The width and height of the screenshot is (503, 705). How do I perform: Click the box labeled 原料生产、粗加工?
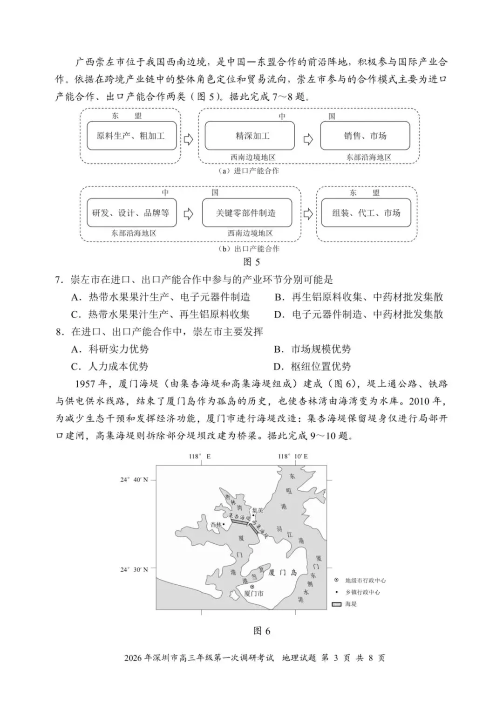pos(131,136)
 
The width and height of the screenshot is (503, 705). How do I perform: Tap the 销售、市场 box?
pos(365,136)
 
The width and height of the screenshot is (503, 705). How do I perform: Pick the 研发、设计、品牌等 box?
pos(131,213)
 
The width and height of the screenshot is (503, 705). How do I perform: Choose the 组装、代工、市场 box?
pos(366,213)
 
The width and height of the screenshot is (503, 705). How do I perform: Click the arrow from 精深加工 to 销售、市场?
pos(308,139)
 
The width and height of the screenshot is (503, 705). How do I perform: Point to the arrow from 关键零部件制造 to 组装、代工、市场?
pos(308,214)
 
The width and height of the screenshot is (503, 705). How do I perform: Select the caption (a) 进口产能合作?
pos(249,171)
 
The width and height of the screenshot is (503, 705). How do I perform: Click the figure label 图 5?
pos(251,262)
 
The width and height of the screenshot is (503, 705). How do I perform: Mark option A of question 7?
pos(161,297)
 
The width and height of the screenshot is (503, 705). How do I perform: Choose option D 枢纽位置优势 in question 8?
pos(313,367)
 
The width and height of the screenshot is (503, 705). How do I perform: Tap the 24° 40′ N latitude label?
pos(134,479)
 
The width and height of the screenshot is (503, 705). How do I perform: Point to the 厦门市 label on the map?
pos(254,593)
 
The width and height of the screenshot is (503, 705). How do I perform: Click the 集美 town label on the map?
pos(258,511)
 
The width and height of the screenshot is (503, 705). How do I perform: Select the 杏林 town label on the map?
pos(216,524)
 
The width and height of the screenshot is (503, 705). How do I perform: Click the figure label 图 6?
pos(262,631)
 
